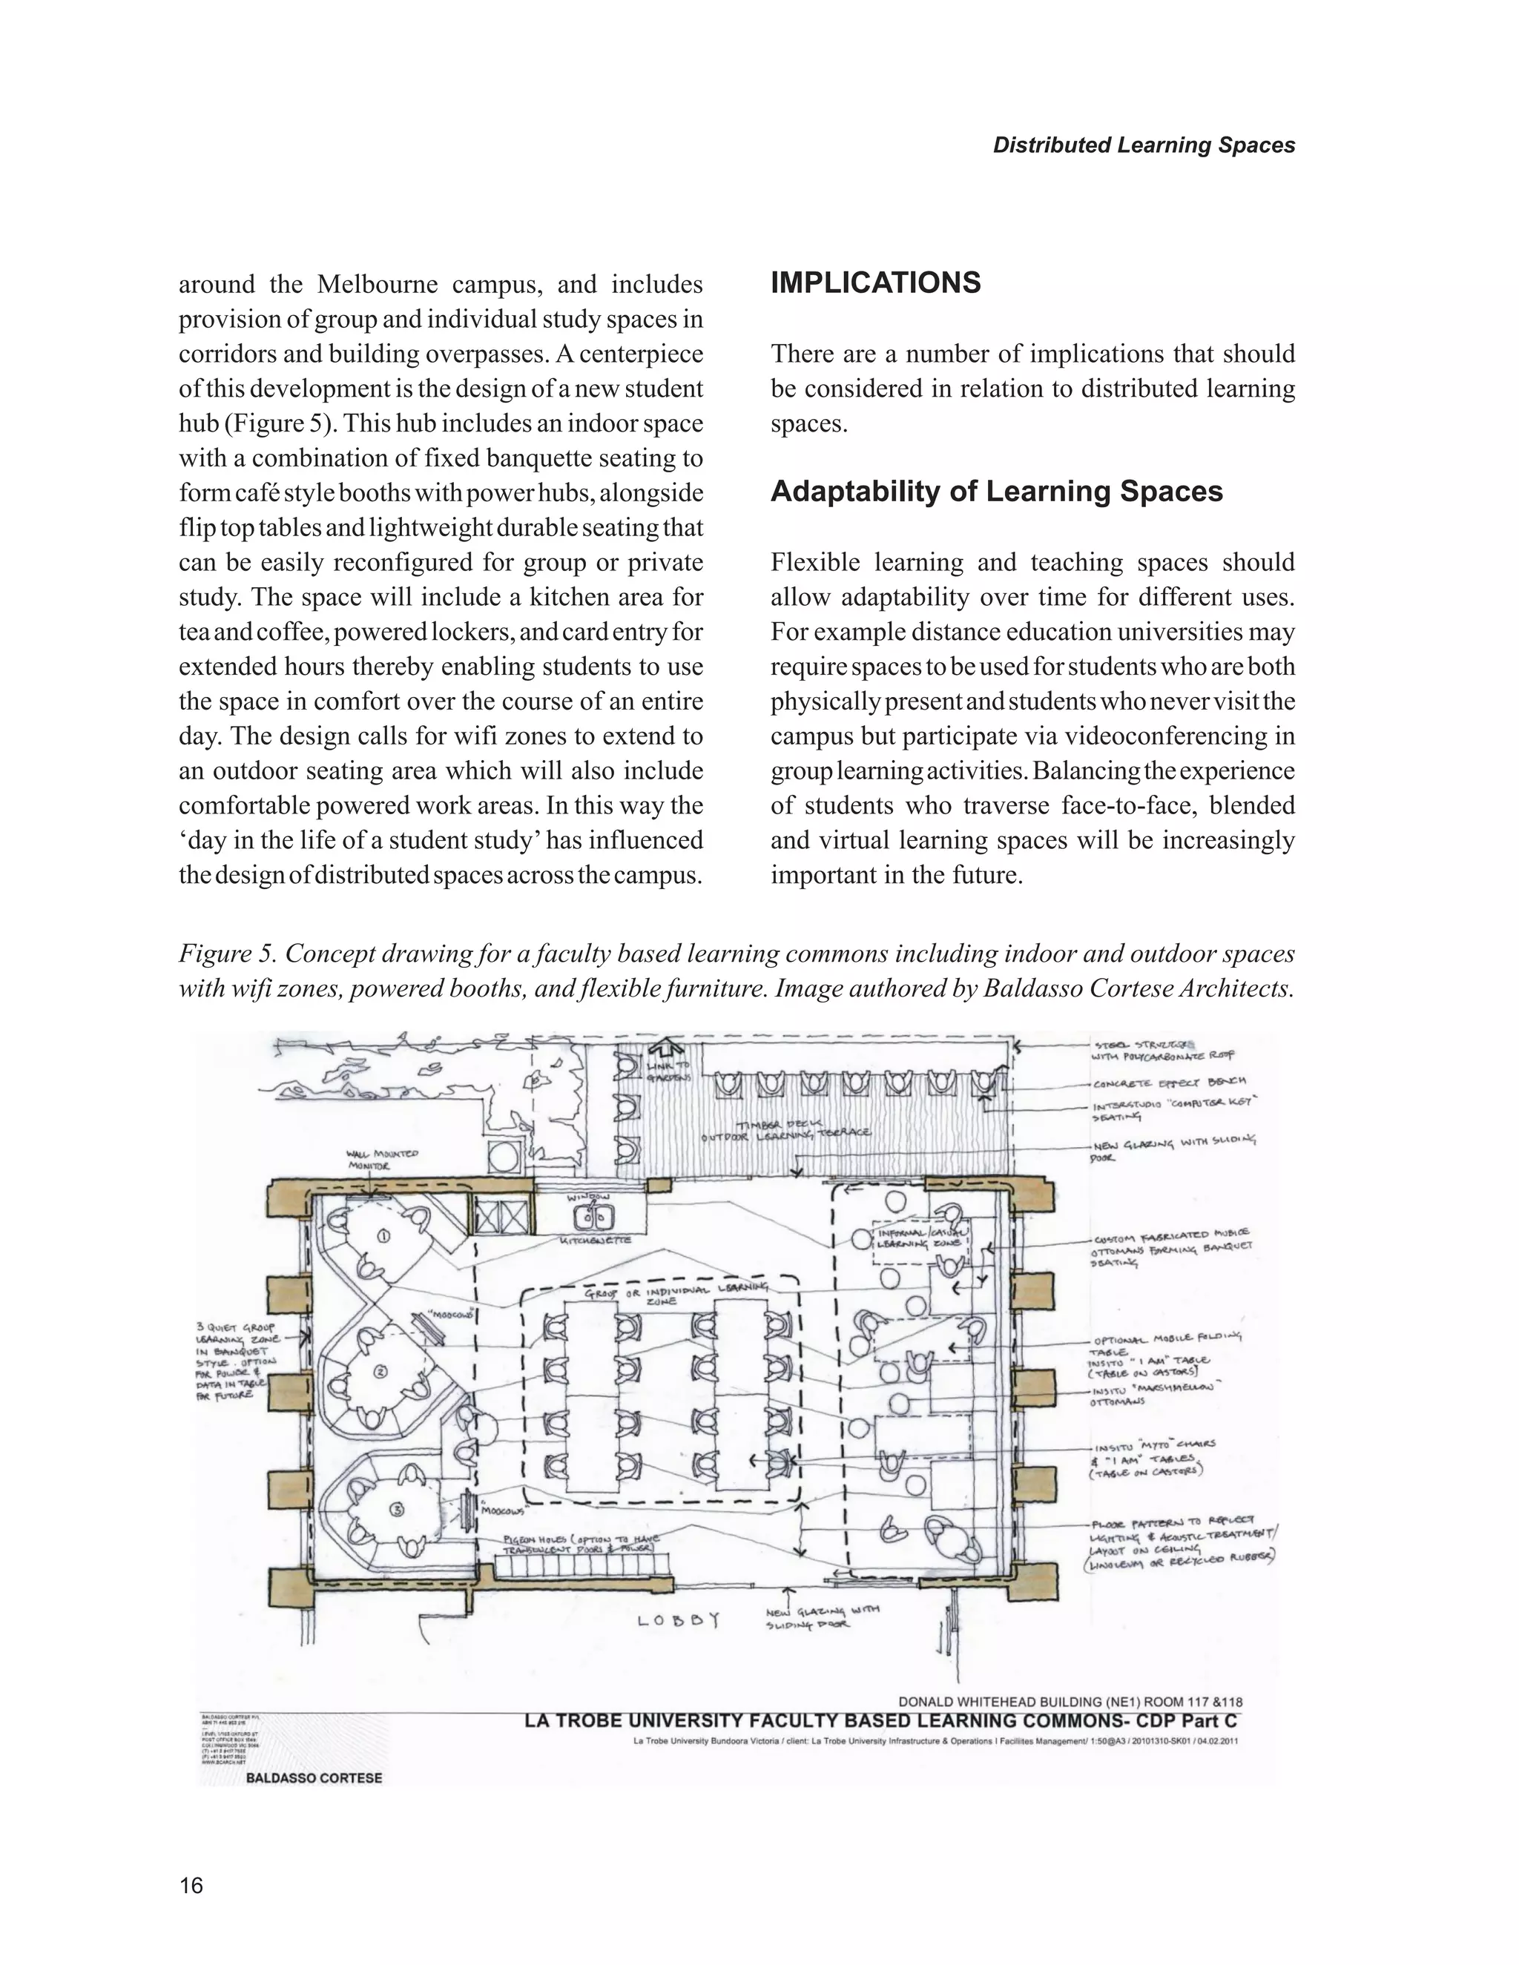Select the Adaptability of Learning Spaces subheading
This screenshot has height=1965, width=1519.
tap(996, 491)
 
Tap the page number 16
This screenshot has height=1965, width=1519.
tap(191, 1885)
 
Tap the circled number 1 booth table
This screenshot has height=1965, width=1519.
tap(383, 1236)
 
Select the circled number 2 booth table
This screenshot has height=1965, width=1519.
tap(380, 1371)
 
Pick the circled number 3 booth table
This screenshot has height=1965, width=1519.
tap(397, 1509)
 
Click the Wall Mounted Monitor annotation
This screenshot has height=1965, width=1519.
tap(381, 1159)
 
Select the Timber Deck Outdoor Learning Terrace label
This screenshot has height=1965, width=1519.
tap(785, 1131)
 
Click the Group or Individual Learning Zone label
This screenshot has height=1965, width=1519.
tap(676, 1295)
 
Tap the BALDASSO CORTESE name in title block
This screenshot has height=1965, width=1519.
tap(313, 1778)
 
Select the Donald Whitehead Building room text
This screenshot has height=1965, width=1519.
tap(1070, 1701)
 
